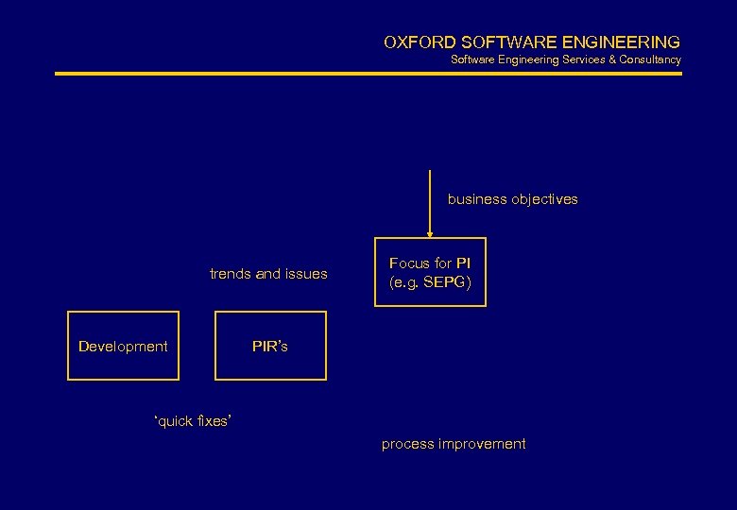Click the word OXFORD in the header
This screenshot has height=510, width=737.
[419, 42]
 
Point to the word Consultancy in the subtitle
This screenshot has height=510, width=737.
[650, 59]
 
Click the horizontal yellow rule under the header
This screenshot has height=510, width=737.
[368, 73]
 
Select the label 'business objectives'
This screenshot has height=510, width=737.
[512, 199]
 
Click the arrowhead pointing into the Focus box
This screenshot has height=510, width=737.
[430, 232]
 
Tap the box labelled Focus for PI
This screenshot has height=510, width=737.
[430, 272]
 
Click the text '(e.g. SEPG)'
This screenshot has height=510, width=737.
[430, 281]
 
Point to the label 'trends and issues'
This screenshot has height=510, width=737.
[268, 274]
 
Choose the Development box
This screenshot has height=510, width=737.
[123, 346]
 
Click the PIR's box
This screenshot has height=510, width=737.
[270, 346]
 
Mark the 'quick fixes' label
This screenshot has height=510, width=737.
[192, 421]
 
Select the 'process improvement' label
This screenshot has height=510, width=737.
[454, 444]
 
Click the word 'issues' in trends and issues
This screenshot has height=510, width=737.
[307, 274]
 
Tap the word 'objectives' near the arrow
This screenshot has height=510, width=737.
[543, 199]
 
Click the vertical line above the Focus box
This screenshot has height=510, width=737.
[430, 198]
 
